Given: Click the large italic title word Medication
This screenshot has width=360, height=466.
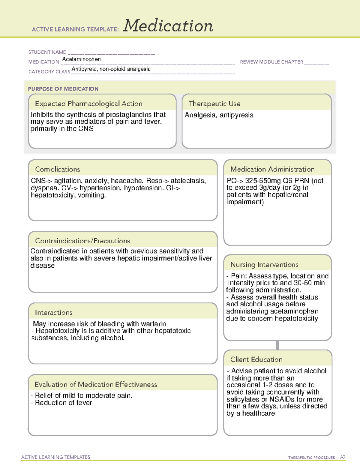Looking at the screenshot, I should pyautogui.click(x=168, y=26).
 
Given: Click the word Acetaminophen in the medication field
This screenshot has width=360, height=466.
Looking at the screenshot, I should pyautogui.click(x=81, y=59).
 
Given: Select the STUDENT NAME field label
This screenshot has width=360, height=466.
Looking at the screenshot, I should pyautogui.click(x=47, y=52).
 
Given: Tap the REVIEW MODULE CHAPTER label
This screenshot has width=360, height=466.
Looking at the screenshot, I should pyautogui.click(x=271, y=62).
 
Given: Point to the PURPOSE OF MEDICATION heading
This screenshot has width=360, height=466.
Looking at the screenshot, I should pyautogui.click(x=63, y=89).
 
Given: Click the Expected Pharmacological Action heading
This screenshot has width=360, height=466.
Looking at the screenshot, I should pyautogui.click(x=88, y=104).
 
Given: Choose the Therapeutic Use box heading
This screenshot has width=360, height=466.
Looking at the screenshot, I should pyautogui.click(x=214, y=104).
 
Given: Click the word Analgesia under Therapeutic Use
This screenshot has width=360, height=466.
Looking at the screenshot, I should pyautogui.click(x=199, y=115).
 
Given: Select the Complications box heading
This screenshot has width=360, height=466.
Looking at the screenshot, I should pyautogui.click(x=57, y=170).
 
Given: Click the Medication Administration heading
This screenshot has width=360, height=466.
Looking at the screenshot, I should pyautogui.click(x=272, y=170).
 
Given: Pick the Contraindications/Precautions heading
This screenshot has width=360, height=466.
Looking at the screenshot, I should pyautogui.click(x=82, y=241).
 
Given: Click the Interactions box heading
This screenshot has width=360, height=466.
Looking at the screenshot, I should pyautogui.click(x=53, y=313).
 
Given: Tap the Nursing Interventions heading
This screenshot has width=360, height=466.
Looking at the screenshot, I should pyautogui.click(x=264, y=265).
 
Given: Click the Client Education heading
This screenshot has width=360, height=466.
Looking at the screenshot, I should pyautogui.click(x=256, y=359).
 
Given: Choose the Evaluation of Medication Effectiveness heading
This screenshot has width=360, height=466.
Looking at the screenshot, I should pyautogui.click(x=96, y=385).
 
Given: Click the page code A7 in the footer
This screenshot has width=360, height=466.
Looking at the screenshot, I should pyautogui.click(x=343, y=457).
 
